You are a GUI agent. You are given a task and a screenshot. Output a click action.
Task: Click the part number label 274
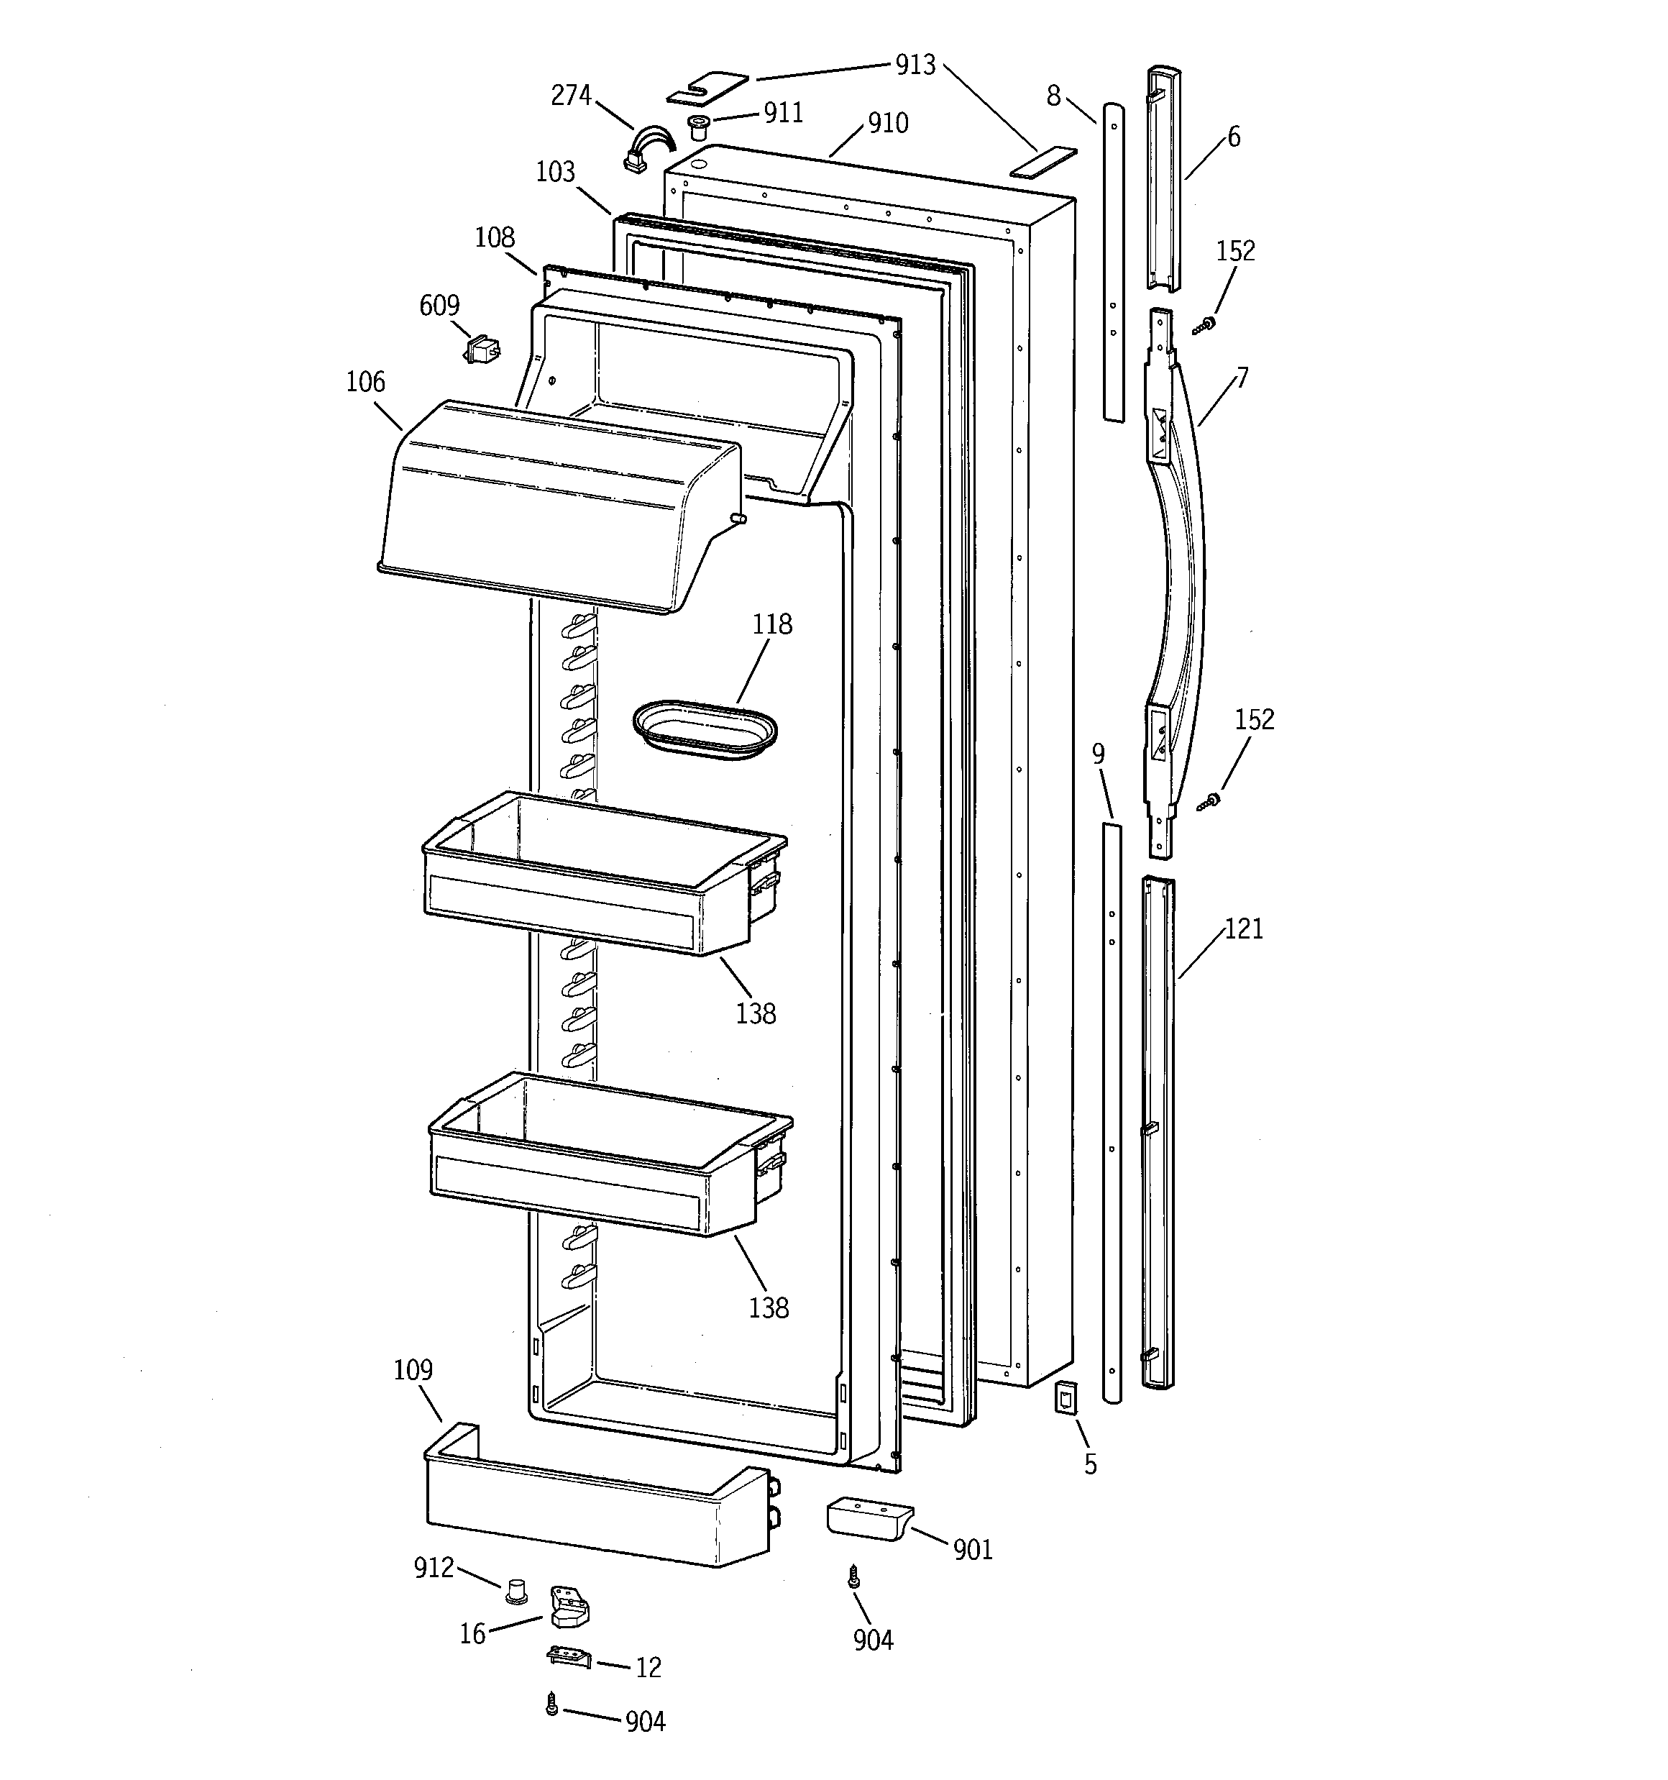[x=570, y=94]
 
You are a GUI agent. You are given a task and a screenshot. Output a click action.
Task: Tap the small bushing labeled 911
[x=698, y=127]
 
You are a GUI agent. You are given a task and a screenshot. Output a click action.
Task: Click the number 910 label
[x=887, y=123]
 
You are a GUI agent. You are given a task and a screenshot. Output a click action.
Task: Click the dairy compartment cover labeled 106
[x=555, y=506]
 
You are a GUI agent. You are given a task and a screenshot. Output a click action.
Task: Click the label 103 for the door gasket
[x=555, y=171]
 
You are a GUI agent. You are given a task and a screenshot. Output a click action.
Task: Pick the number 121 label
[x=1244, y=928]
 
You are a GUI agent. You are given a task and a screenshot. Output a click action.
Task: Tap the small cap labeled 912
[x=515, y=1591]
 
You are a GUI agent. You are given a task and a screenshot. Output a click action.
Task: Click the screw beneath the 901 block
[x=854, y=1578]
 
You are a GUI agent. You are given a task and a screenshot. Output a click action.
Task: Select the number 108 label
[x=494, y=237]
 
